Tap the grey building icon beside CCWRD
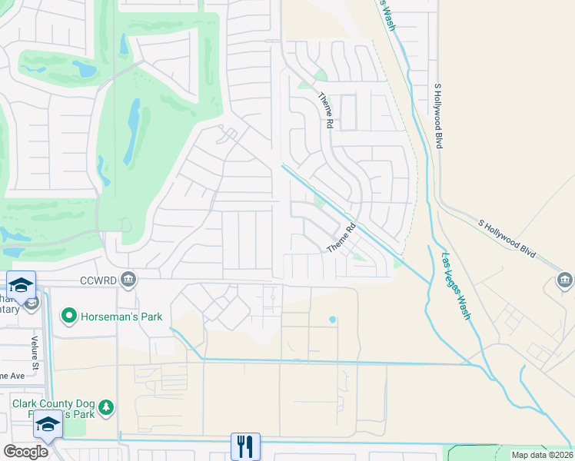[x=128, y=280]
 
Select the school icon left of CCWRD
[x=21, y=285]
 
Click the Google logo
[x=25, y=451]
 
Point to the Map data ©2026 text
[x=542, y=455]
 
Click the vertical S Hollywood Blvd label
[x=440, y=115]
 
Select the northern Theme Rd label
[x=325, y=109]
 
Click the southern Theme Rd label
[x=343, y=238]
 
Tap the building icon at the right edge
[x=565, y=280]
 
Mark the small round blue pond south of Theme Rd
[x=332, y=319]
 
